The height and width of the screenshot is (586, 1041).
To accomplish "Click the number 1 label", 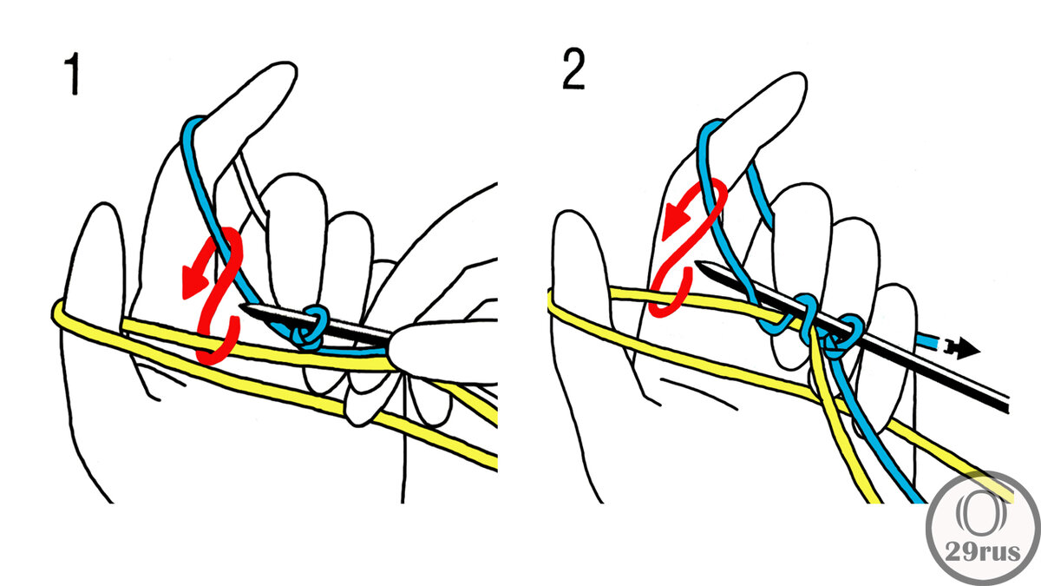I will [72, 76].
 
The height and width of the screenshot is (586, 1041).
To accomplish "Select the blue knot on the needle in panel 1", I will [311, 327].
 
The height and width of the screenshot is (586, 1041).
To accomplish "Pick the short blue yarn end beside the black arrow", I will [930, 344].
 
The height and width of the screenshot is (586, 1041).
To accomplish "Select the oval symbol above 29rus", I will [982, 510].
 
